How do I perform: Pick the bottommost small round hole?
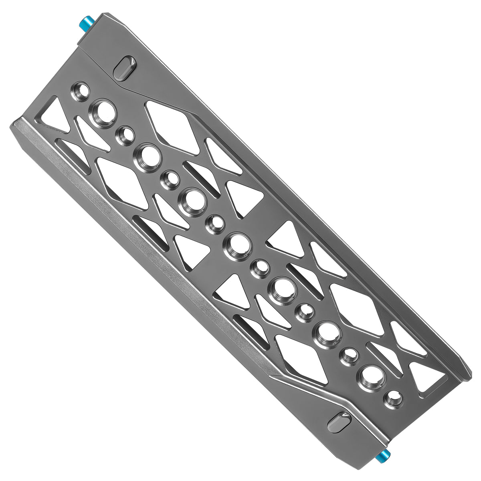(392, 400)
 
